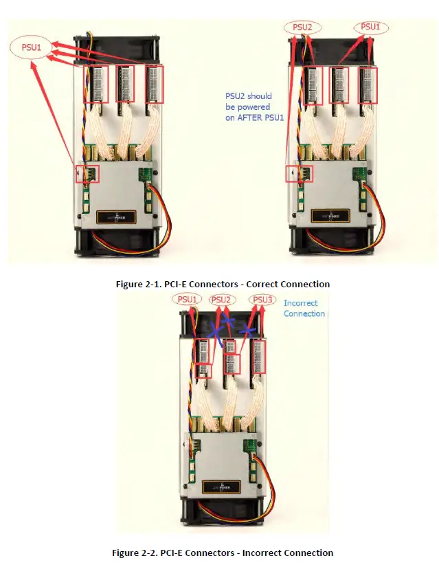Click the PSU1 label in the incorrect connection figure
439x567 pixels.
coord(188,299)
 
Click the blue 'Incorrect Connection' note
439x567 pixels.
coord(304,308)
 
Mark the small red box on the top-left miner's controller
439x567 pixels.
coord(89,173)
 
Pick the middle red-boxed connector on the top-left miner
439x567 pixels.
coord(125,83)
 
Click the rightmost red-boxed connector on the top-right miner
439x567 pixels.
coord(369,85)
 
